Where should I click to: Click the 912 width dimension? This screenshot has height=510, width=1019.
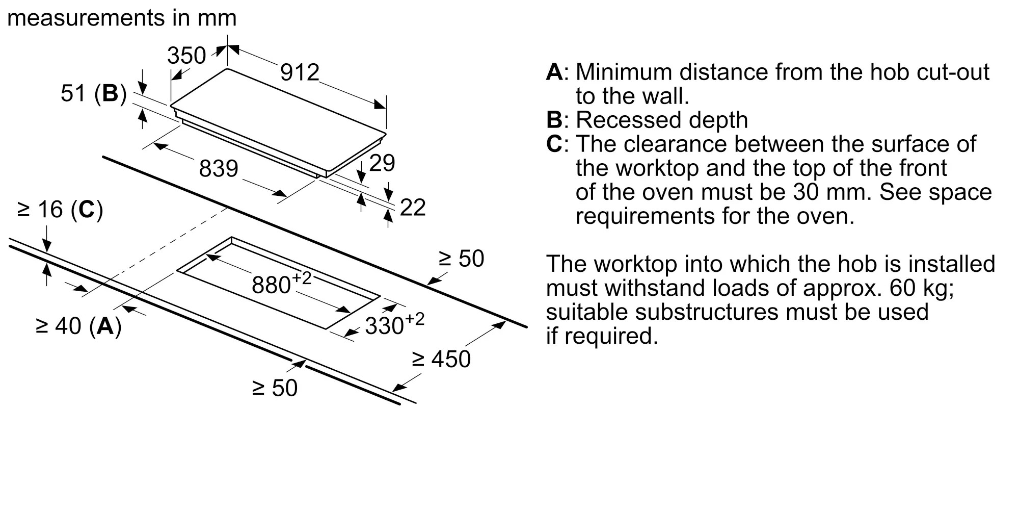tap(300, 72)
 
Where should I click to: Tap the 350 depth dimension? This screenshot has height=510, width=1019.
tap(186, 56)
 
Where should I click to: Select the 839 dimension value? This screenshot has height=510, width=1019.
tap(219, 169)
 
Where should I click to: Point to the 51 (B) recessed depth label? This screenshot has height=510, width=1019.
tap(93, 94)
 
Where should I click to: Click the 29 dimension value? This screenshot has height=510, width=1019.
tap(382, 163)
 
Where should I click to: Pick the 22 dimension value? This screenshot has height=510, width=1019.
tap(413, 208)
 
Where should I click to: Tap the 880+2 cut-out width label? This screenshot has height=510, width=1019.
tap(282, 284)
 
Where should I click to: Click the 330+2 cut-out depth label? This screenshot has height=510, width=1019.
tap(395, 324)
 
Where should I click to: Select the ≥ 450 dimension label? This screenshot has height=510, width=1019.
tap(441, 359)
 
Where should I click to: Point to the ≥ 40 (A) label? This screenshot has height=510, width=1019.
tap(79, 326)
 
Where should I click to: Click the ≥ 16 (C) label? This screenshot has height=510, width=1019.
tap(60, 210)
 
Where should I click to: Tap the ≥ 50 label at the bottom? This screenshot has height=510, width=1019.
tap(275, 388)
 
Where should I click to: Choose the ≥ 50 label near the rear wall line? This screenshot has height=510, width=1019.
tap(461, 259)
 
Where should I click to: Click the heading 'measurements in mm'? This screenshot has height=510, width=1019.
tap(122, 18)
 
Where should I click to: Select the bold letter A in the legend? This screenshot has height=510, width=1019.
tap(554, 72)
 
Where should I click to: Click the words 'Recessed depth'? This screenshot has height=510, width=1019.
tap(662, 120)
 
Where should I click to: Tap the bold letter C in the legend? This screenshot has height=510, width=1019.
tap(554, 144)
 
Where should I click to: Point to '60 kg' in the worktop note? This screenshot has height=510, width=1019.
tap(922, 288)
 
